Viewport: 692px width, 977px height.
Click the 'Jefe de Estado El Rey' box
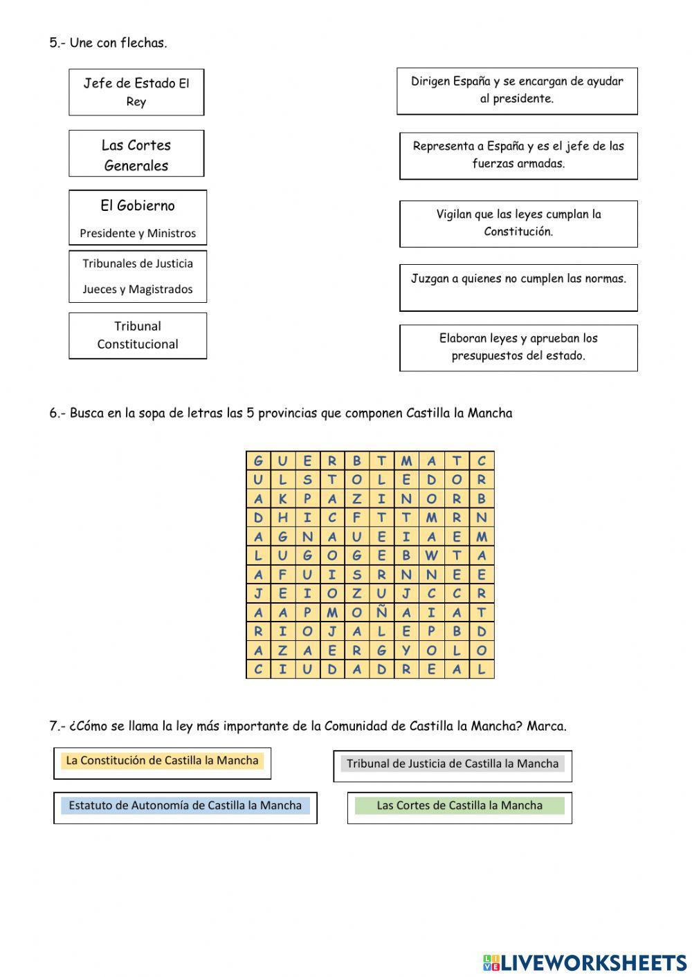136,92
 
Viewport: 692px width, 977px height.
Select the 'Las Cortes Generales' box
136,154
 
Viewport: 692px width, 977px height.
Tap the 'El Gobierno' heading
138,205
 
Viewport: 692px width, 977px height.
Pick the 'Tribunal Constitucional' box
138,335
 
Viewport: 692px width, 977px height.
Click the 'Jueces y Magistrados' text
138,289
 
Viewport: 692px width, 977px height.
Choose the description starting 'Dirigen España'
517,91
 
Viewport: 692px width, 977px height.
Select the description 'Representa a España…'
518,156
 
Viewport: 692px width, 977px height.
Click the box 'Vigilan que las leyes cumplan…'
518,223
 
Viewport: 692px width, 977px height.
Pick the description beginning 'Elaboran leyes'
518,348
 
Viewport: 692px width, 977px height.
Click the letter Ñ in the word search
381,613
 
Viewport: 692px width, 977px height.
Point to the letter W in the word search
432,555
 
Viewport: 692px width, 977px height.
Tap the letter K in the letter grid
282,499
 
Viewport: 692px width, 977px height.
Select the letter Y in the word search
406,651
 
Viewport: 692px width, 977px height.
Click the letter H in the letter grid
282,517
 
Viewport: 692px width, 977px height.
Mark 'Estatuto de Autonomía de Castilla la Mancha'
185,806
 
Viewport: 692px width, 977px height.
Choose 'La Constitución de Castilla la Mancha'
162,761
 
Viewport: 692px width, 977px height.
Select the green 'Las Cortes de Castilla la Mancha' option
459,806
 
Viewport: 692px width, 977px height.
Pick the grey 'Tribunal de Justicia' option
453,764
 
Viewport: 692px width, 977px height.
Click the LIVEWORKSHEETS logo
585,962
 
